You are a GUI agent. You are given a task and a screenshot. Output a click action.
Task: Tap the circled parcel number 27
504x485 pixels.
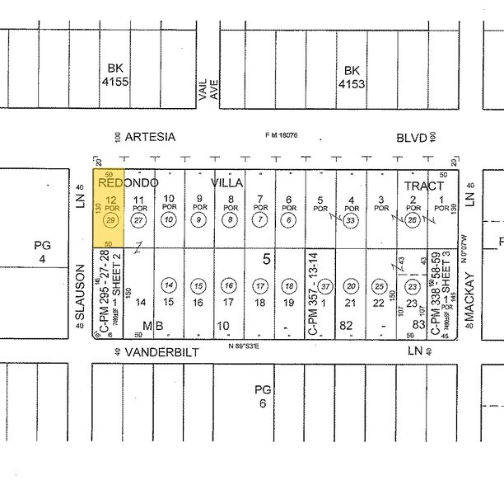tap(138, 220)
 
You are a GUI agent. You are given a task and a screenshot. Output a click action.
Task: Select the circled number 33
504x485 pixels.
tap(352, 220)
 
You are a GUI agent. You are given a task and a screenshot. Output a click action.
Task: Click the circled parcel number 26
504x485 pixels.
tap(412, 220)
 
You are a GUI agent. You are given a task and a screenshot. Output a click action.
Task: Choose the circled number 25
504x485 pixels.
tap(380, 285)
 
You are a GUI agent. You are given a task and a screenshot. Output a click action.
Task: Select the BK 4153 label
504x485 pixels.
tap(352, 76)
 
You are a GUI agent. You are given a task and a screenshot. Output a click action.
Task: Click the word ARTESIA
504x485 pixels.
tap(150, 138)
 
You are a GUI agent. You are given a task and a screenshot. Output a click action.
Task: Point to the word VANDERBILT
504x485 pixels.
tap(158, 351)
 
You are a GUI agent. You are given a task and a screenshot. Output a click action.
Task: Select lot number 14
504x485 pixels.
tap(141, 303)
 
